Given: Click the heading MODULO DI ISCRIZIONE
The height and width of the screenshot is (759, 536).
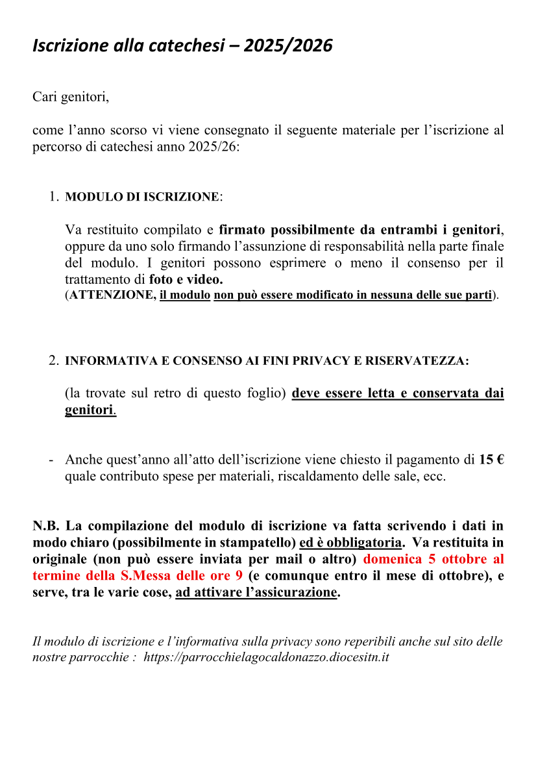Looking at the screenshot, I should [142, 197].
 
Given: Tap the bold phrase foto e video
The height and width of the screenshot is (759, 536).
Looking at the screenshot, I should [186, 280].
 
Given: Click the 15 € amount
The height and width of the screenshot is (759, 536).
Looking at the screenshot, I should [491, 460].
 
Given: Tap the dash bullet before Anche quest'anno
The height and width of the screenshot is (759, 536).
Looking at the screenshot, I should [51, 460].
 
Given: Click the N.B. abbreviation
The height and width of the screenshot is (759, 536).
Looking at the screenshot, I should [46, 525].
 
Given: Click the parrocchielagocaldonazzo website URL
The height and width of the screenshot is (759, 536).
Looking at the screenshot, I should [265, 657].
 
